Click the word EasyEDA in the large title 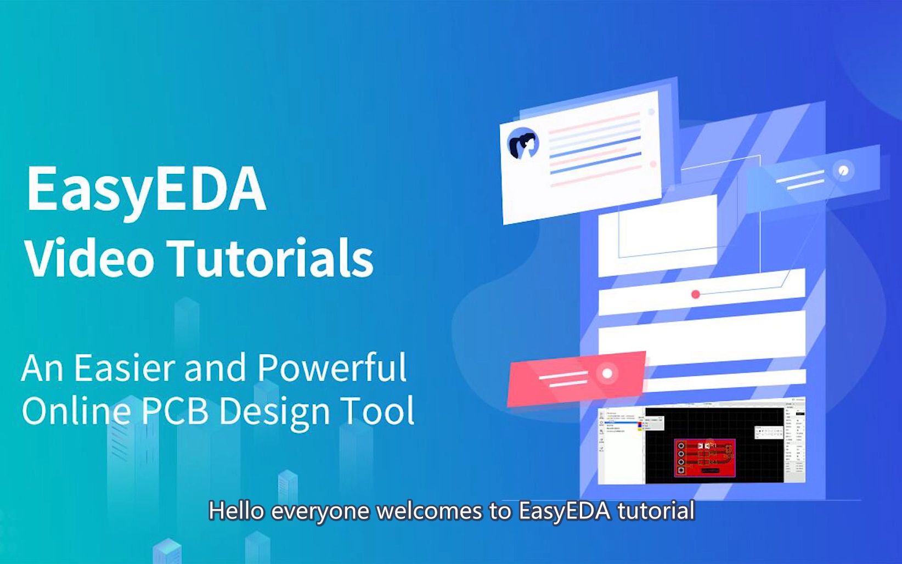coord(146,189)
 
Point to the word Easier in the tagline coord(125,368)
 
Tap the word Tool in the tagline coord(377,410)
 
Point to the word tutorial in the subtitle coord(656,511)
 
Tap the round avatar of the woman coord(523,144)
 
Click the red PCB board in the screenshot coord(704,456)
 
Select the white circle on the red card coord(607,374)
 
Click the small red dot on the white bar coord(696,295)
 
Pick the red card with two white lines coord(576,378)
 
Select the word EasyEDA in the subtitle coord(564,511)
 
